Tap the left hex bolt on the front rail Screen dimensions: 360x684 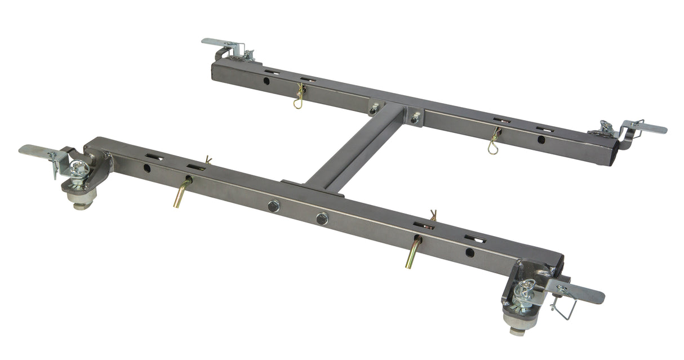click(x=274, y=206)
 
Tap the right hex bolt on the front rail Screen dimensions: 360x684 click(x=322, y=219)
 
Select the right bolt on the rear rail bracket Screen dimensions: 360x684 click(x=415, y=118)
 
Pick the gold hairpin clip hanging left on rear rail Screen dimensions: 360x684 click(x=299, y=97)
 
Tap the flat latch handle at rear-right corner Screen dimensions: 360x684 click(x=648, y=128)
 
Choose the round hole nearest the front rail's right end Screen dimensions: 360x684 click(x=469, y=252)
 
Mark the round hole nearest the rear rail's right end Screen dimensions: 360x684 click(x=541, y=139)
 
